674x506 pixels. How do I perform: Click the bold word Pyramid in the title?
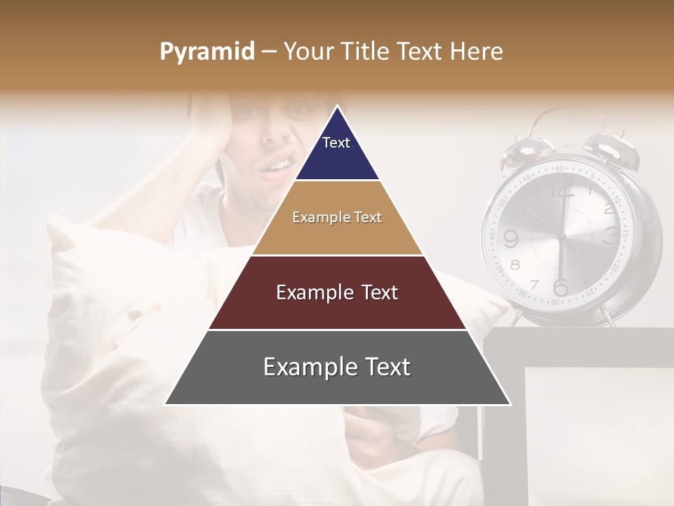(x=206, y=52)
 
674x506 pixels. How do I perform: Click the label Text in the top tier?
(x=336, y=143)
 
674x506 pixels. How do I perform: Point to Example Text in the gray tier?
(x=337, y=367)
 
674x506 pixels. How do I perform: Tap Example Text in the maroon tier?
(x=337, y=292)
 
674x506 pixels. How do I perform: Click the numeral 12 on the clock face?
(x=562, y=188)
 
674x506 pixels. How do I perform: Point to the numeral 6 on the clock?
(x=560, y=287)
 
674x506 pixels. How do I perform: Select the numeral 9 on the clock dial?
(x=510, y=239)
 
